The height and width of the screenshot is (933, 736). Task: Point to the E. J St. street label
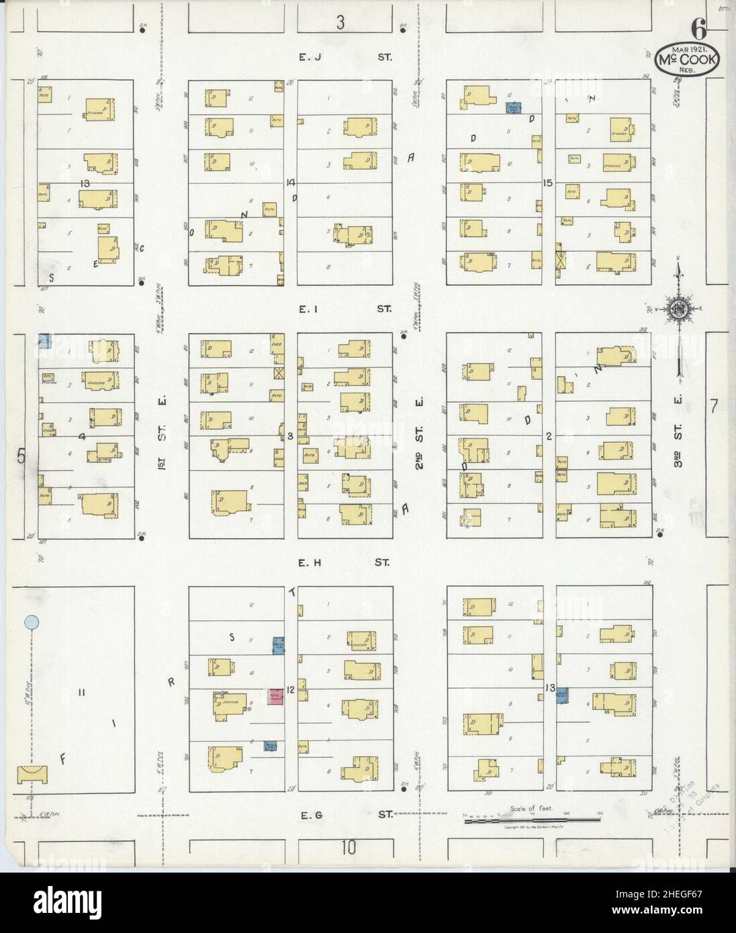tap(344, 58)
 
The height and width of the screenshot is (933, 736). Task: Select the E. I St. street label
tap(344, 309)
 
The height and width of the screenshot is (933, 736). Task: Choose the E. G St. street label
tap(344, 815)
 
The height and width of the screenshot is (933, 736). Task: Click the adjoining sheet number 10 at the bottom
tap(347, 848)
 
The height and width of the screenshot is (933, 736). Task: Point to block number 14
tap(290, 183)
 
